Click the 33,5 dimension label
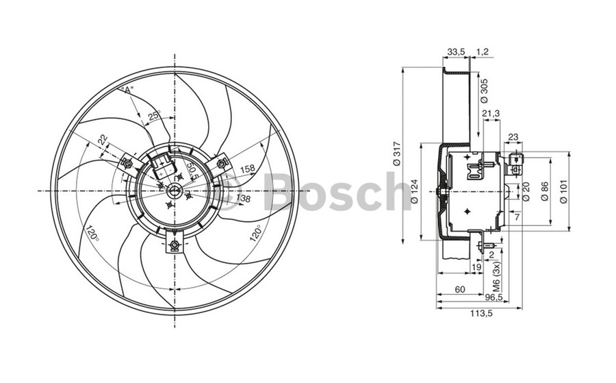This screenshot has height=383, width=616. pos(457,52)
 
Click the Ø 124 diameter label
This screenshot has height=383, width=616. pos(415,192)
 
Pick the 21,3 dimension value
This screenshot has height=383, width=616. pos(491,114)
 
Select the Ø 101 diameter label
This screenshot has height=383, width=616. pos(563,191)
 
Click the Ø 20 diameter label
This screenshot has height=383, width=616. pos(526,193)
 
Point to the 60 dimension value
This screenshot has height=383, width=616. pos(460,290)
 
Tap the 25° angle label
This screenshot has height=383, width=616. pos(154,116)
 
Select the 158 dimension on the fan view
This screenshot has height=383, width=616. pos(247,169)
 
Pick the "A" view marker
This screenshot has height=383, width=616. pos(127,90)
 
